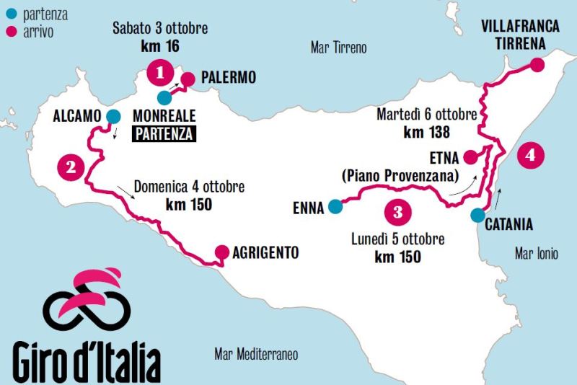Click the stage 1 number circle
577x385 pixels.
coord(160,72)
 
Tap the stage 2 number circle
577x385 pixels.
coord(70,168)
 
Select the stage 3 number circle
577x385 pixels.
coord(397,212)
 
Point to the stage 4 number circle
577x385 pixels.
coord(531,155)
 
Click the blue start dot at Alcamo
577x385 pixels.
coord(113,116)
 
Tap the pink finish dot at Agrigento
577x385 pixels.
coord(221,253)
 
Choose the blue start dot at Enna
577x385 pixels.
coord(335,207)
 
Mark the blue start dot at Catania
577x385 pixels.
coord(477,215)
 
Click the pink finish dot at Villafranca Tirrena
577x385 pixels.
coord(536,65)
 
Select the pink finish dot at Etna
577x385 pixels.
coord(470,156)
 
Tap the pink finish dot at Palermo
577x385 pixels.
coord(188,79)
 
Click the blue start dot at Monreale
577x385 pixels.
coord(164,97)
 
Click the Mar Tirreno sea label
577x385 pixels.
coord(338,48)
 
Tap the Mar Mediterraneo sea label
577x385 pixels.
coord(256,354)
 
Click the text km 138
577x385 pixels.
coord(427,132)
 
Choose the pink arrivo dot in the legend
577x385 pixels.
coord(10,32)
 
